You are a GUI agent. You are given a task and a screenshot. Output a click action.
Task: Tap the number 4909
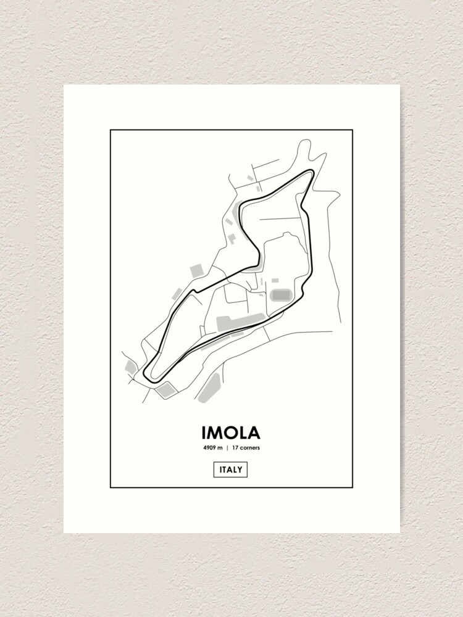pyautogui.click(x=207, y=448)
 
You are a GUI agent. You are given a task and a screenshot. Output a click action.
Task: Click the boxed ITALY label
pyautogui.click(x=231, y=470)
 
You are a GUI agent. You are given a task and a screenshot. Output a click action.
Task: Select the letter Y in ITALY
pyautogui.click(x=241, y=470)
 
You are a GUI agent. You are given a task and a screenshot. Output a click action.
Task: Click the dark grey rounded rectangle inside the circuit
pyautogui.click(x=281, y=295)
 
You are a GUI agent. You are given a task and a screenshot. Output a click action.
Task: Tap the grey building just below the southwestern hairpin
pyautogui.click(x=165, y=389)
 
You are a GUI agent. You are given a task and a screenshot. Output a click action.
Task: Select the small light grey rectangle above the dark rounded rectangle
pyautogui.click(x=275, y=281)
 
